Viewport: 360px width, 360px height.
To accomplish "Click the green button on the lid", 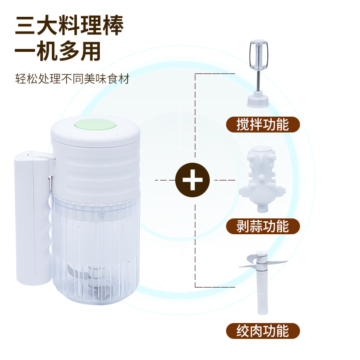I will [x=96, y=125].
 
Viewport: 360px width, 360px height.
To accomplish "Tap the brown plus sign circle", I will [x=192, y=180].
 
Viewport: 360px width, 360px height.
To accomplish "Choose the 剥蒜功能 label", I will [x=263, y=226].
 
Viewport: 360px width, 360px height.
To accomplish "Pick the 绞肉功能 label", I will [x=263, y=331].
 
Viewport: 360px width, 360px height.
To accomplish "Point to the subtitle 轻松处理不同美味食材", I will [x=72, y=79].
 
